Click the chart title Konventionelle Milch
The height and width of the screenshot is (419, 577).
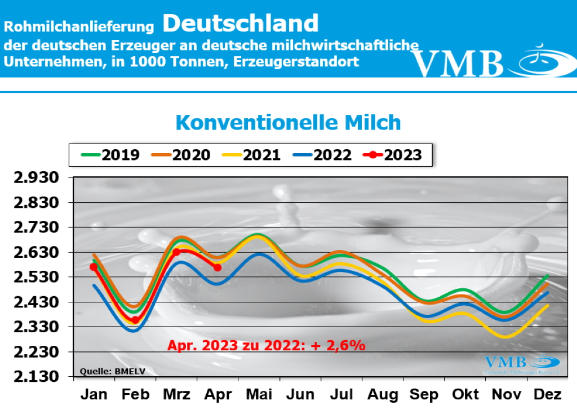288,122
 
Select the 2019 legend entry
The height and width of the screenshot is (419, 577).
110,155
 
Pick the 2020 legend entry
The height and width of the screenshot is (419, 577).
180,155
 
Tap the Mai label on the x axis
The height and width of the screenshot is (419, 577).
260,395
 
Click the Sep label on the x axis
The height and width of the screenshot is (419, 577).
424,395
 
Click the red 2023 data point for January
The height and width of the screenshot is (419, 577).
94,267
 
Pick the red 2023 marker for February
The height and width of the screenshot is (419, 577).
135,320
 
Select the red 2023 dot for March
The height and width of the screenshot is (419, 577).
176,252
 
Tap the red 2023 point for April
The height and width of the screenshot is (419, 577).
218,267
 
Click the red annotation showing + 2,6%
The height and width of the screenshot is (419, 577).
267,345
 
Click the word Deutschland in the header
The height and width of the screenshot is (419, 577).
241,24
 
